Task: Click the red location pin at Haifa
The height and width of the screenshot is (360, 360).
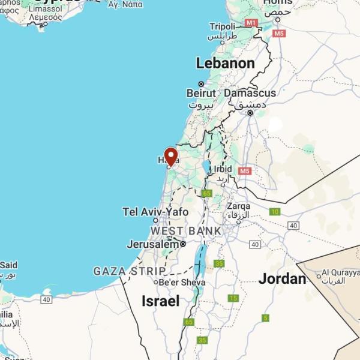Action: click(x=171, y=157)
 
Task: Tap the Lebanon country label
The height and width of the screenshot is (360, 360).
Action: click(x=225, y=63)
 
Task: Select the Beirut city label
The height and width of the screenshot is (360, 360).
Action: click(x=201, y=93)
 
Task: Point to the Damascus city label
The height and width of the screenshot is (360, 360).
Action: click(x=250, y=93)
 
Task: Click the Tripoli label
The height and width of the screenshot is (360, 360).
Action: click(x=223, y=26)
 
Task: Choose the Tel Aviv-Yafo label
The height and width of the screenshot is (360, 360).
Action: click(x=155, y=212)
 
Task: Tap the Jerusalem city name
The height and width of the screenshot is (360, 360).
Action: click(x=152, y=244)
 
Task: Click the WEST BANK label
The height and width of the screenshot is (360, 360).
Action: click(x=185, y=231)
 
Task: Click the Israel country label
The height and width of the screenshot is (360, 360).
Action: click(x=161, y=301)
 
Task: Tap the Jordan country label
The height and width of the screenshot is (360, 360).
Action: click(x=282, y=278)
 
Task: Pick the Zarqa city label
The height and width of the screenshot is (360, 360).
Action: click(x=239, y=206)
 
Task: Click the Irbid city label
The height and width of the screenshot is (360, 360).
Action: click(x=223, y=169)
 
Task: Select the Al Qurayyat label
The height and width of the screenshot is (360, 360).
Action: click(x=341, y=273)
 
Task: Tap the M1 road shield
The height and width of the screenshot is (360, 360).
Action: click(x=251, y=23)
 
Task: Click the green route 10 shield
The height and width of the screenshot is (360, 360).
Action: click(x=275, y=211)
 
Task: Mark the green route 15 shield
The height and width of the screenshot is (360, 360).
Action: click(x=233, y=298)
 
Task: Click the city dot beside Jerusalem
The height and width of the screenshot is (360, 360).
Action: click(x=183, y=244)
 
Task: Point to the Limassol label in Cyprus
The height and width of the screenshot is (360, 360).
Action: click(x=44, y=9)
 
